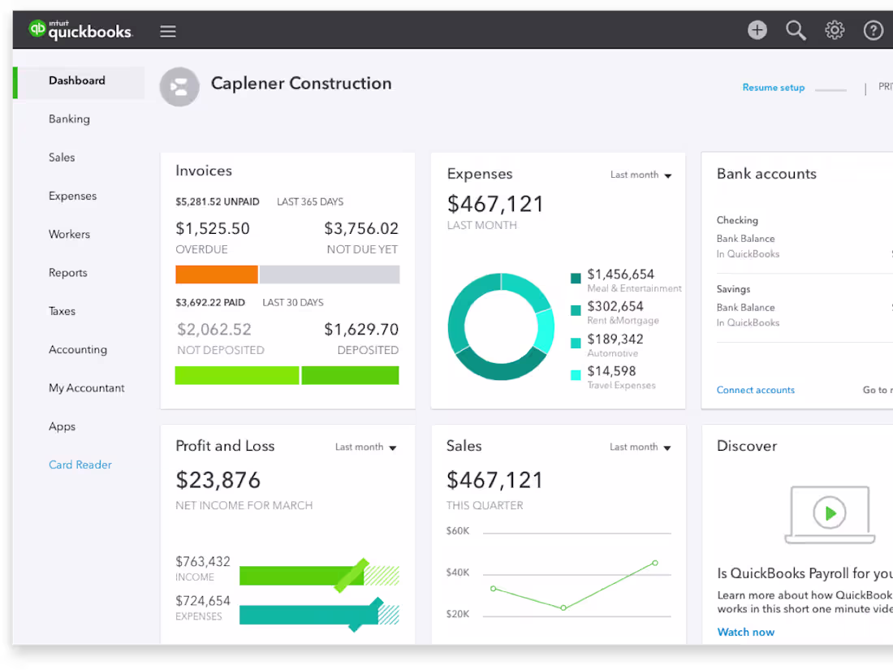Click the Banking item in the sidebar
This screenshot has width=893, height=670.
click(69, 119)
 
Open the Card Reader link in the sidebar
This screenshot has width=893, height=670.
click(80, 465)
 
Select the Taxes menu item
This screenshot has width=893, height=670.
click(62, 311)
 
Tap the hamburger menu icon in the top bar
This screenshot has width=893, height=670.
click(168, 32)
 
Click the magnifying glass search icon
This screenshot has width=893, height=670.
click(796, 31)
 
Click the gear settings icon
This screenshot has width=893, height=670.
click(835, 31)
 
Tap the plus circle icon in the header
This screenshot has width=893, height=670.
click(757, 31)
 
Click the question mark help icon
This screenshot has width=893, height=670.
click(873, 31)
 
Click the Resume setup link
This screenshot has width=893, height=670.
click(773, 88)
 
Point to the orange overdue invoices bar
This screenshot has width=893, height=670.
click(217, 274)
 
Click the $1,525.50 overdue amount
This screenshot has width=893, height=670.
click(213, 229)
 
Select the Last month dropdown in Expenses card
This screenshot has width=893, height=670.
click(641, 175)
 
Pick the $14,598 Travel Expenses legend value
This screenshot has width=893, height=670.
click(611, 371)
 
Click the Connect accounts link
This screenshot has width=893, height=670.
click(755, 390)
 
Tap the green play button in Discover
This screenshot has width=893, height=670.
click(829, 513)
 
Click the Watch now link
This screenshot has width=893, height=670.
click(745, 632)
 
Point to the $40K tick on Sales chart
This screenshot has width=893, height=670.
click(458, 573)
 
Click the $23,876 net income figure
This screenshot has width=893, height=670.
click(218, 480)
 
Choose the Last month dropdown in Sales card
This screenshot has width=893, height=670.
click(640, 447)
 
